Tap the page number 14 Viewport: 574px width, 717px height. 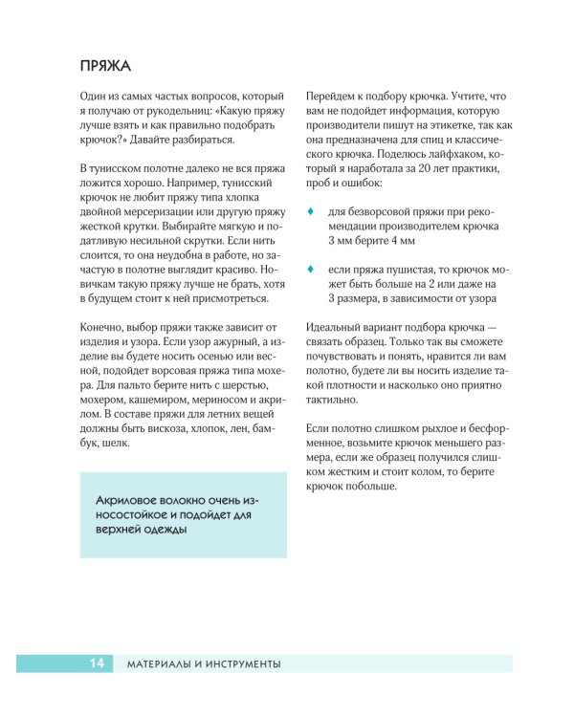coord(97,663)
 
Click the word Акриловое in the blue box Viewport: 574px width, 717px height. coord(131,501)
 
